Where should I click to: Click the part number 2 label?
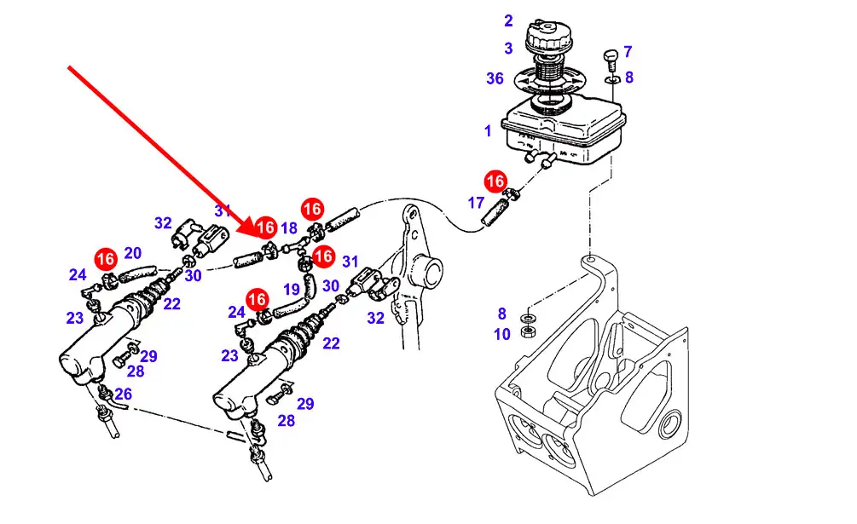tap(508, 20)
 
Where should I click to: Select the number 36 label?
tap(495, 78)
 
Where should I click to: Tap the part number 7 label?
tap(628, 52)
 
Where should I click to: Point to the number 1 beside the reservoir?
tap(488, 131)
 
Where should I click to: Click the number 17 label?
tap(476, 203)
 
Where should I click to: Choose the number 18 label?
tap(289, 227)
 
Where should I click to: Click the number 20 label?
tap(132, 252)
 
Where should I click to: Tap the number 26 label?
tap(124, 394)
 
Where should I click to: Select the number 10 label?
tap(502, 335)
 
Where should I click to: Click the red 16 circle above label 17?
tap(495, 181)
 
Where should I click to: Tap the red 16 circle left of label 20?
tap(106, 257)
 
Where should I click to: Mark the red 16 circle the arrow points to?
tap(265, 227)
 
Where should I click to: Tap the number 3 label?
tap(508, 49)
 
